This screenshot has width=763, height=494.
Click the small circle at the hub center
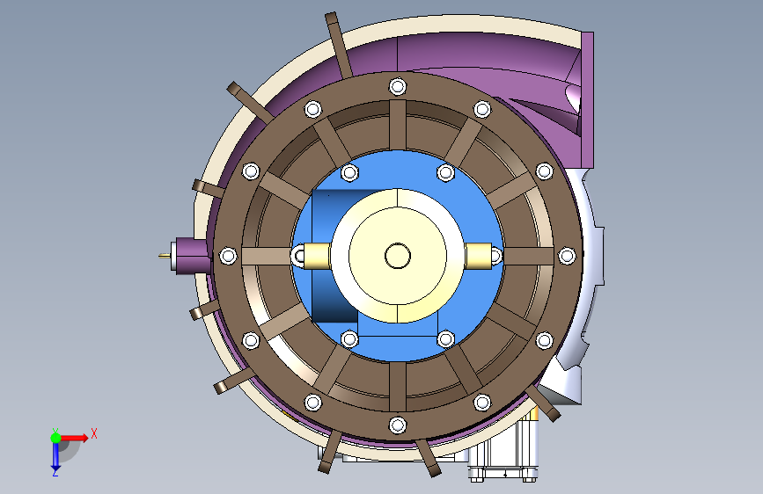coord(398,256)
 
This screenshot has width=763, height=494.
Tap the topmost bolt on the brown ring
coord(398,87)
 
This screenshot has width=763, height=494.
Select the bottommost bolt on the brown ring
coord(398,425)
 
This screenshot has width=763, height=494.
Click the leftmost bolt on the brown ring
coord(228,256)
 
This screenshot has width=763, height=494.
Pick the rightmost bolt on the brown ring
coord(567,256)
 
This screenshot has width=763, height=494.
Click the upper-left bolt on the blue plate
coord(349,172)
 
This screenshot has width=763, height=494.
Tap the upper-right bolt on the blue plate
coord(445,172)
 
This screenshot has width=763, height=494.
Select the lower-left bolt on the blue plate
coord(349,339)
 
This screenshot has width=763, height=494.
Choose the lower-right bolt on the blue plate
coord(445,339)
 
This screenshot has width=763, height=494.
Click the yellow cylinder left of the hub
coord(316,256)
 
